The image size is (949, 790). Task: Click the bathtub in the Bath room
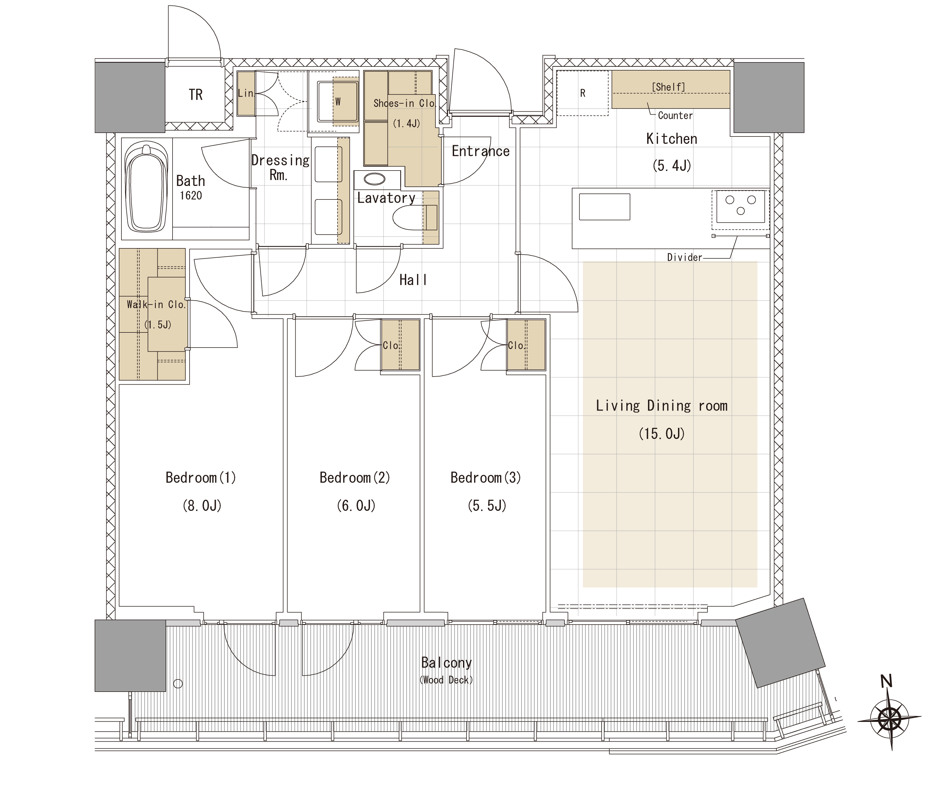click(x=146, y=189)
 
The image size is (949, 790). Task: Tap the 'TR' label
click(x=196, y=95)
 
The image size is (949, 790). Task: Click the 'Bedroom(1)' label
click(x=201, y=478)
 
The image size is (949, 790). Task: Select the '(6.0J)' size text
click(x=356, y=505)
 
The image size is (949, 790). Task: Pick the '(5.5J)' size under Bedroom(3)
click(x=487, y=505)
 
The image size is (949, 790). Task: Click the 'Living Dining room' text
click(x=662, y=406)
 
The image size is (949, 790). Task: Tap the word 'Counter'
click(x=675, y=116)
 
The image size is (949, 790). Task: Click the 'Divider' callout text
click(x=685, y=258)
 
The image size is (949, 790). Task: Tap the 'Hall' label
click(x=413, y=280)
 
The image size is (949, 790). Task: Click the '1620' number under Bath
click(x=191, y=196)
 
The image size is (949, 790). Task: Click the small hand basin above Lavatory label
click(x=375, y=179)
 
